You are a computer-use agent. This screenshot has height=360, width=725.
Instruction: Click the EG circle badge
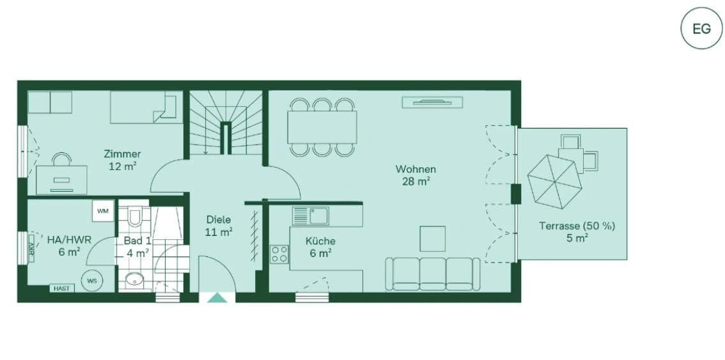click(701, 29)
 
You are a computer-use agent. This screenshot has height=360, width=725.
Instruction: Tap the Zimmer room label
click(122, 154)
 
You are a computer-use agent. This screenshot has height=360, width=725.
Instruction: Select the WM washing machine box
click(102, 211)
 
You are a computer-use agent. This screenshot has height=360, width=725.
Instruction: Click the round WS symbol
click(92, 280)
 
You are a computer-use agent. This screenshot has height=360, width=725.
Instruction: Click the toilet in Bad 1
click(134, 217)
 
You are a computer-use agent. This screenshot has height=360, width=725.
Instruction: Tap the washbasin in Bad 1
click(134, 279)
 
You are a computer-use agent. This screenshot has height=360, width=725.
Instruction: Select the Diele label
click(218, 219)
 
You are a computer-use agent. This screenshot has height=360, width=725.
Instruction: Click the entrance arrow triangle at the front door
click(217, 297)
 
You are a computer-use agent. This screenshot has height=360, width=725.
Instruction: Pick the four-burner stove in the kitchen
click(279, 254)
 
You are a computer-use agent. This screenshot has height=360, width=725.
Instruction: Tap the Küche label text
click(320, 241)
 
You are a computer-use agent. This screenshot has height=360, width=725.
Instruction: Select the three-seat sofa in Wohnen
click(432, 274)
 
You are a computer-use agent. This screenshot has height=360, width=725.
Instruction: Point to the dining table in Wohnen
click(322, 127)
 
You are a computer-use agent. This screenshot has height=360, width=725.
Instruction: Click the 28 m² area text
click(415, 182)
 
